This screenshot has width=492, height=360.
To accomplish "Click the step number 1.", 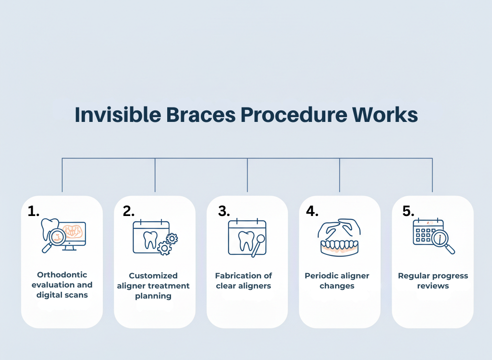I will tap(34, 211).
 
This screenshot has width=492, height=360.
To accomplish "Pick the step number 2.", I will tap(129, 211).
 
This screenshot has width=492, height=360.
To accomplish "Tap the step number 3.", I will tap(224, 211).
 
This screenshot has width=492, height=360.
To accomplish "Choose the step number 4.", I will tap(312, 211).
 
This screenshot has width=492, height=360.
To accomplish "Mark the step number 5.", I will tap(408, 211).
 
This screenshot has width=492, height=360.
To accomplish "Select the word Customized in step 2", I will tap(153, 276).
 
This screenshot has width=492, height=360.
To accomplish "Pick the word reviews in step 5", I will tap(433, 286).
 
